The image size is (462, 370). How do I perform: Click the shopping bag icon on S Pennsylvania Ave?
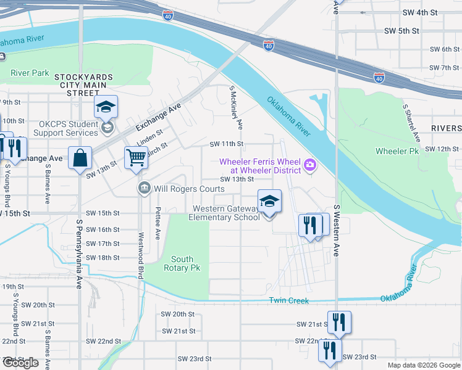point(80,158)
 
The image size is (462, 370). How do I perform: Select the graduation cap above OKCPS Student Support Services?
point(106,107)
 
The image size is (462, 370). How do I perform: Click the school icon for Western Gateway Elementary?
point(269,201)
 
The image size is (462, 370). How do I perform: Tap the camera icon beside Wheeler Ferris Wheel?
point(309,164)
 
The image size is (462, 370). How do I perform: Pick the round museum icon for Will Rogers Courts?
point(144,188)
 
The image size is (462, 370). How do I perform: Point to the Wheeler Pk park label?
point(396,151)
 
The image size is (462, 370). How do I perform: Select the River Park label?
point(30,73)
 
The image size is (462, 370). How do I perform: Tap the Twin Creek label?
point(288,300)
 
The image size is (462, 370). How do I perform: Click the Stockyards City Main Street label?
point(83,84)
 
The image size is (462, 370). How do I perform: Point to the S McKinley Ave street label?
point(236,107)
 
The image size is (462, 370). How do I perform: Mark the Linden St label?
point(149,137)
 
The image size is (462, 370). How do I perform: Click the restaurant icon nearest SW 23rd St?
point(330,350)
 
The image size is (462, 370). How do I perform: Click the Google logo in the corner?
point(20,363)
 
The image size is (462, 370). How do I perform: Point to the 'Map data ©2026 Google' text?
point(423,365)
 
